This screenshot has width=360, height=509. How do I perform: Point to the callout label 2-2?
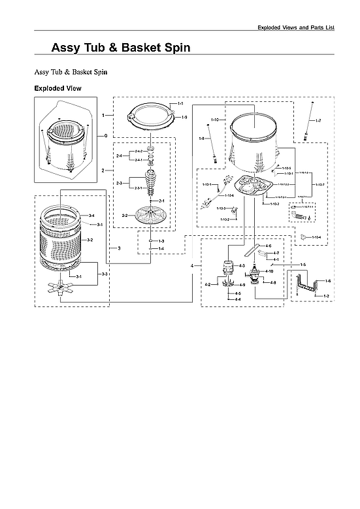point(124,215)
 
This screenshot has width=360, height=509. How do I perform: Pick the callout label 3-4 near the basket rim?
point(91,216)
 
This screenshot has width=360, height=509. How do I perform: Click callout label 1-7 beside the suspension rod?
point(318,122)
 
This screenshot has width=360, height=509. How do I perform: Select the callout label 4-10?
point(269,271)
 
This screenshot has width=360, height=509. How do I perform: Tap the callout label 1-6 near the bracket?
point(327,280)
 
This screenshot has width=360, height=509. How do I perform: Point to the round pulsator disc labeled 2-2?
point(151,214)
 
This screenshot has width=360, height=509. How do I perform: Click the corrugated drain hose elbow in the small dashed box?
point(301,216)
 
